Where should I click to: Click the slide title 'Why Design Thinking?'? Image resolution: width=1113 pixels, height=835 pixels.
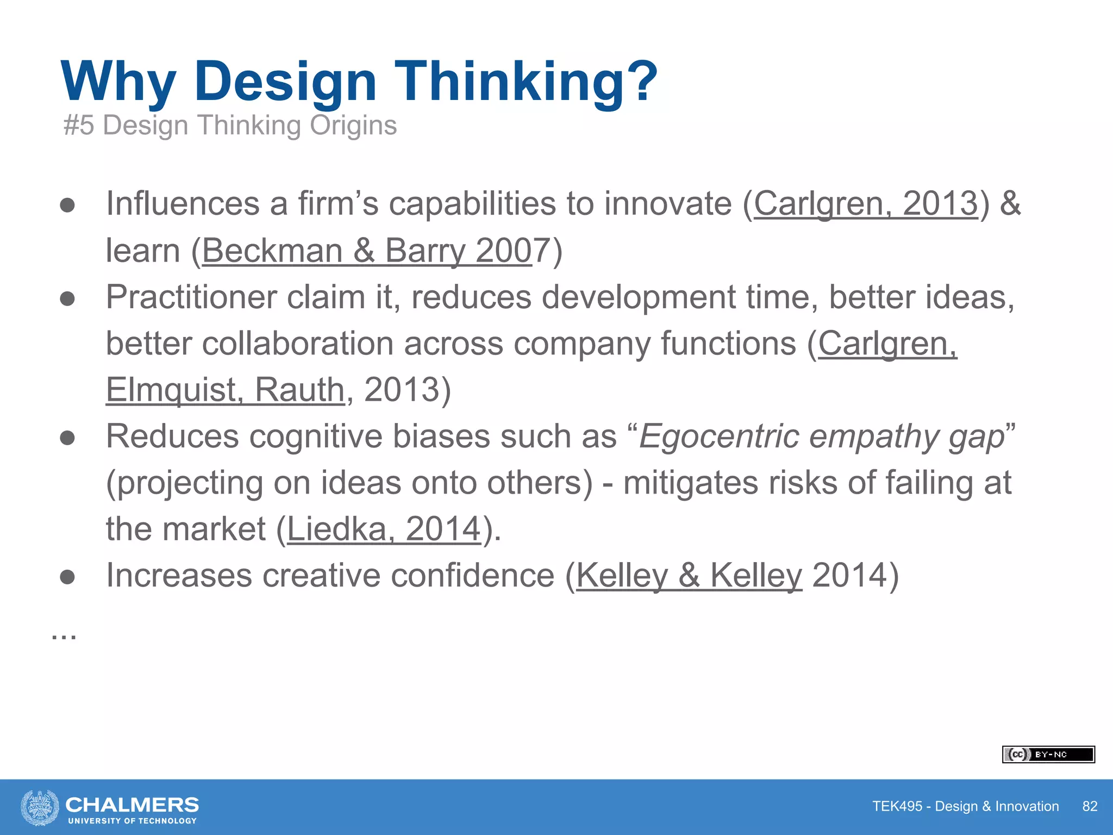click(359, 82)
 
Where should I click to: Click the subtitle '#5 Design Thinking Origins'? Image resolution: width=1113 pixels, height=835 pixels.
click(230, 126)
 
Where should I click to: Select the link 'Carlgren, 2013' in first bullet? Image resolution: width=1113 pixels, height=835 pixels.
click(865, 204)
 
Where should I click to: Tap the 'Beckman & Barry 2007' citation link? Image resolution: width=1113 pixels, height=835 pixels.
click(367, 251)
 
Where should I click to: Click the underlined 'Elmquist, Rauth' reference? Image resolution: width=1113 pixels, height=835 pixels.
click(225, 390)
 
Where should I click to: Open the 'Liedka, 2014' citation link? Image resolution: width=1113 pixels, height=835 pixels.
click(384, 529)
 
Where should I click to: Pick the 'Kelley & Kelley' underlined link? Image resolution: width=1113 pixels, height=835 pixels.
click(689, 575)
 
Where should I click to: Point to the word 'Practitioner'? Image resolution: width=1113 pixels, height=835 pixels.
click(191, 297)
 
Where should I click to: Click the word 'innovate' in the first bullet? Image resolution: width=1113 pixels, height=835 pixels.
click(668, 204)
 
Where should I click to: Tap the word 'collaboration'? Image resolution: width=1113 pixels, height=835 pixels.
click(298, 344)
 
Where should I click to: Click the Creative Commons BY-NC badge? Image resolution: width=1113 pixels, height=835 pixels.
click(1048, 755)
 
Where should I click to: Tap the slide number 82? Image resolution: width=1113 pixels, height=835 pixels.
click(1090, 806)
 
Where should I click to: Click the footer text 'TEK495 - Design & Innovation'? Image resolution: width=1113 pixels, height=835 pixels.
click(965, 806)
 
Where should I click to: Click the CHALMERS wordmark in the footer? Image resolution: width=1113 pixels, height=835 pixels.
click(132, 805)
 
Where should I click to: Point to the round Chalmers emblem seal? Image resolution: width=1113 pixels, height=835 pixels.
click(40, 807)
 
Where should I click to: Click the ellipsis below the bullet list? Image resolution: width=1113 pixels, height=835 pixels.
click(64, 635)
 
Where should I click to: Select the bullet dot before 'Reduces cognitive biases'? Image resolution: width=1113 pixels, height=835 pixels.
click(67, 438)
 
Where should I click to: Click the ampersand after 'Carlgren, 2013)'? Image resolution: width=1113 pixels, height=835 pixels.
click(1010, 204)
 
